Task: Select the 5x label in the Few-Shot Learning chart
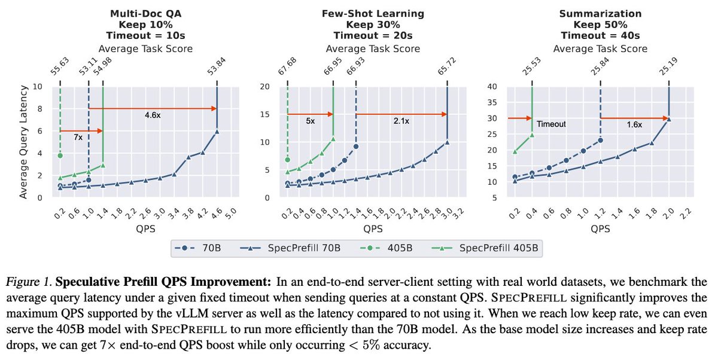click(310, 121)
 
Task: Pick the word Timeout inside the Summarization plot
click(550, 125)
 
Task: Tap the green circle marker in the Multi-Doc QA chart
click(60, 155)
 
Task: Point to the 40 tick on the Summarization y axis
click(494, 86)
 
